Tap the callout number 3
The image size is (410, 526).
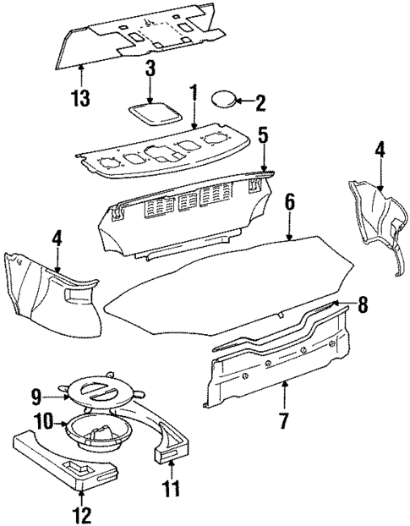point(150,68)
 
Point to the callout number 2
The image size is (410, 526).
point(260,103)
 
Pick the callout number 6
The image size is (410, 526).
point(290,203)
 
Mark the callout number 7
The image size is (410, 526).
point(285,418)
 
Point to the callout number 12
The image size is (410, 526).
point(82,512)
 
